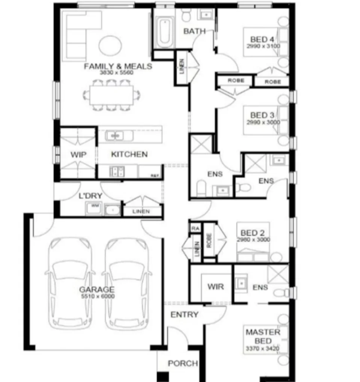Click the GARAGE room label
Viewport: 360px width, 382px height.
click(97, 290)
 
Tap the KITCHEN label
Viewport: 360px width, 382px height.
click(129, 154)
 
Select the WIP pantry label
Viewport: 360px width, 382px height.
click(79, 154)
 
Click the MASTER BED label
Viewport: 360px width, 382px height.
click(263, 336)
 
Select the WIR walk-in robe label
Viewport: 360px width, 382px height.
click(216, 287)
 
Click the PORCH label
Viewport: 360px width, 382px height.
click(183, 363)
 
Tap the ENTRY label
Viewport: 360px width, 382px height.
click(184, 314)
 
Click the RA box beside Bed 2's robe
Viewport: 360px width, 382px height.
click(195, 228)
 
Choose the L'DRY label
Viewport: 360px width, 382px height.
click(88, 196)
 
